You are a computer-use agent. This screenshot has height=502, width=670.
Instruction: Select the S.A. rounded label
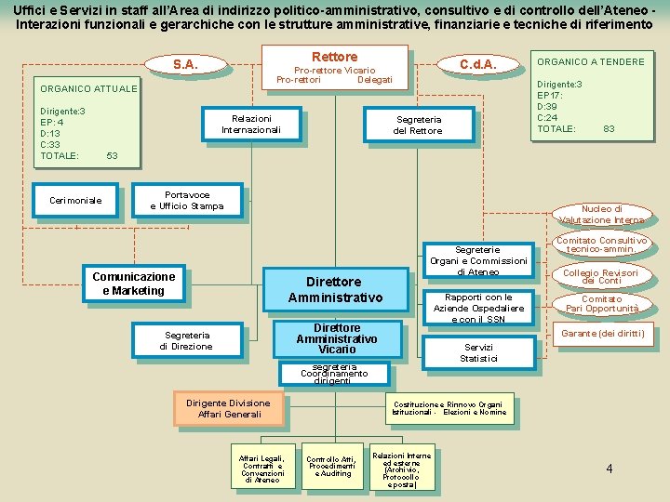[185, 64]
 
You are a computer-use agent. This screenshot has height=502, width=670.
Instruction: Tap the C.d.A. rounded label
[478, 64]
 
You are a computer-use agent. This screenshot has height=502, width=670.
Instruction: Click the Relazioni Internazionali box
[251, 125]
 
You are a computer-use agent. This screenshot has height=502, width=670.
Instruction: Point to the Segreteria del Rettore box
[419, 125]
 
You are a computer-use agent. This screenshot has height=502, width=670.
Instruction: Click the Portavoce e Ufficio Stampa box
[187, 201]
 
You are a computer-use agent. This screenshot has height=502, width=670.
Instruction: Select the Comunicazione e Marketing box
[134, 284]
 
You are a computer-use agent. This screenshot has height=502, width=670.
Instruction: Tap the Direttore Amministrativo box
[335, 289]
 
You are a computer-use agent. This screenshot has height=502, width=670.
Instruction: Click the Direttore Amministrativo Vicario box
[336, 338]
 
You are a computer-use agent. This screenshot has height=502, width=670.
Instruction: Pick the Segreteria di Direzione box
[186, 340]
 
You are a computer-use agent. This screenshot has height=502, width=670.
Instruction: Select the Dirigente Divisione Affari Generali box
[228, 408]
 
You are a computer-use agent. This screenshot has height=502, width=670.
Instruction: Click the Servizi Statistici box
[480, 352]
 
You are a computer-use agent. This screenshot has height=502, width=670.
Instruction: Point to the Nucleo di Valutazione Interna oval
[601, 215]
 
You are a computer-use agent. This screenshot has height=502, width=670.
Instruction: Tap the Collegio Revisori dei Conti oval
[601, 276]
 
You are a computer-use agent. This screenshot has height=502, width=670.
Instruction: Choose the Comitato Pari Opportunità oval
[602, 304]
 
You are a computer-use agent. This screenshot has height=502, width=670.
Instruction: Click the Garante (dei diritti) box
[602, 333]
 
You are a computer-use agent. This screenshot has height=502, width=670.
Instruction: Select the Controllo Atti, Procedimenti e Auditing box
[330, 467]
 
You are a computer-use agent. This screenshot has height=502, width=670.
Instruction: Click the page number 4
[610, 469]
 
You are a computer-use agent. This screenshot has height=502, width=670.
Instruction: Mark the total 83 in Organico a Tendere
[610, 129]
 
